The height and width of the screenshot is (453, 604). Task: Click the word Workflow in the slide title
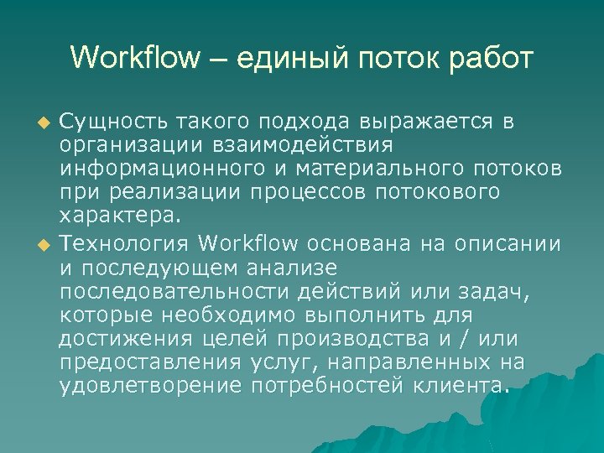point(136,59)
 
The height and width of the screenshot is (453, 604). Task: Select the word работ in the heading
point(491,59)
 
